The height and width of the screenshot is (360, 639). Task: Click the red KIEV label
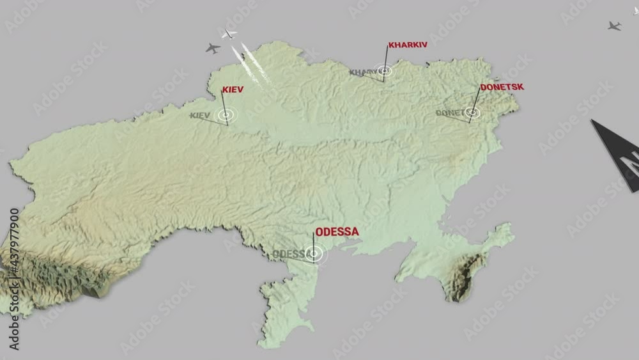point(233,90)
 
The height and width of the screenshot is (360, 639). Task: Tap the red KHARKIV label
point(407,45)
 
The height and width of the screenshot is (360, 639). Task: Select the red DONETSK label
point(502,86)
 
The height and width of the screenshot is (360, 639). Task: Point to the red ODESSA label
point(337,231)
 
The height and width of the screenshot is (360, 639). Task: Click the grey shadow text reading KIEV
point(200,116)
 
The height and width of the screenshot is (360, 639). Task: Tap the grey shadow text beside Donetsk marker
point(450,113)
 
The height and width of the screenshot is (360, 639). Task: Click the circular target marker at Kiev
point(226,115)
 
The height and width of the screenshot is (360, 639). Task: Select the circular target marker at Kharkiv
point(383,71)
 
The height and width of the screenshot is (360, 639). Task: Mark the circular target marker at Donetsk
point(472,112)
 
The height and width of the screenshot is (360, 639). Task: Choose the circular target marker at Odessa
point(314,254)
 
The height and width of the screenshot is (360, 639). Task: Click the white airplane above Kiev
point(229,33)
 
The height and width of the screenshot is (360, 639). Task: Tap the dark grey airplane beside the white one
point(213,48)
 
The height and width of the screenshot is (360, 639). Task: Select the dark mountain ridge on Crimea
point(465,275)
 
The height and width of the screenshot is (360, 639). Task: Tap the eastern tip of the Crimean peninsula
point(508,228)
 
